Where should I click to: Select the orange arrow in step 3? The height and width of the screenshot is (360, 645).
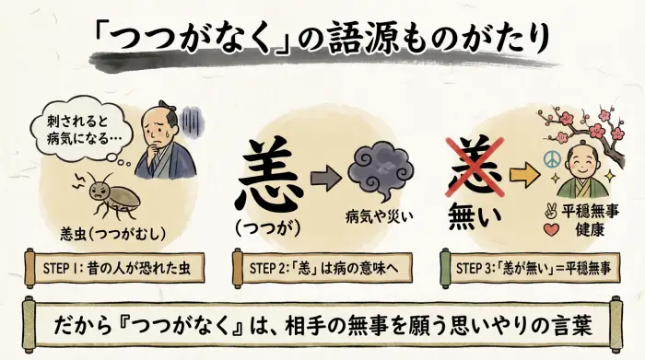[522, 172]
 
